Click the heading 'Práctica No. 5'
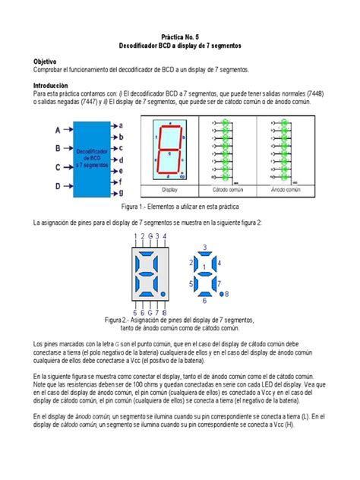180,36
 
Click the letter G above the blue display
150,237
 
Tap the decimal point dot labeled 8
227,293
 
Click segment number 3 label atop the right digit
203,248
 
